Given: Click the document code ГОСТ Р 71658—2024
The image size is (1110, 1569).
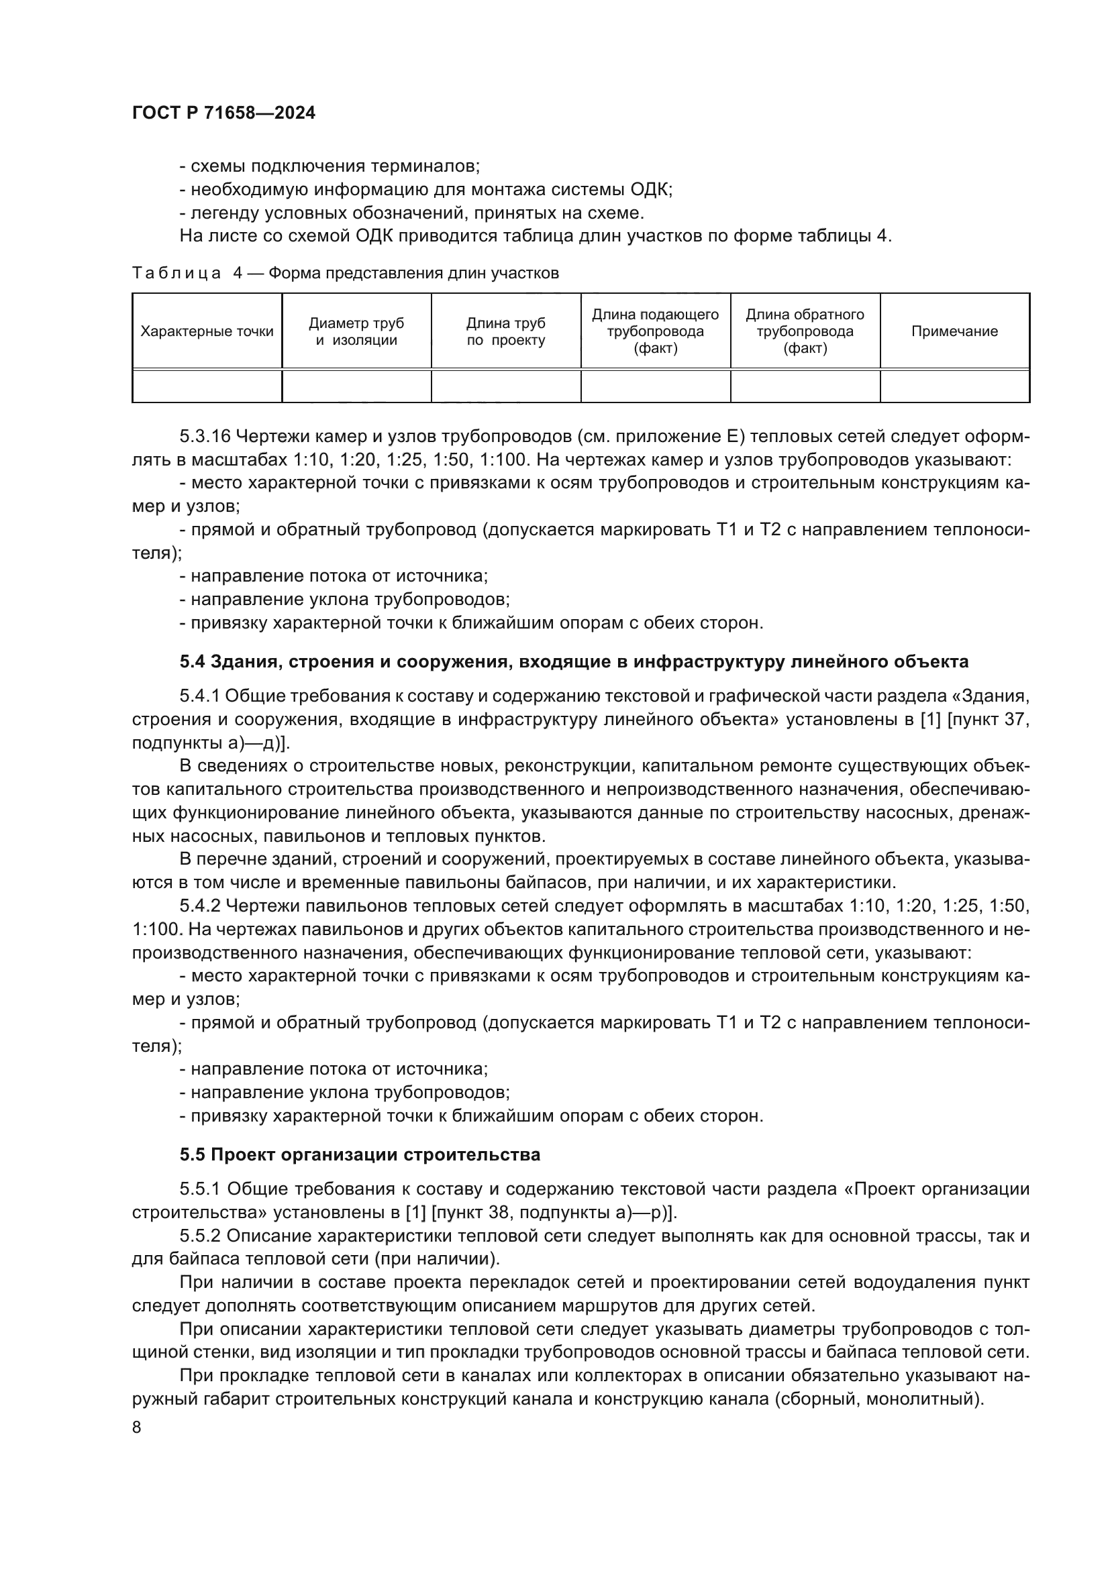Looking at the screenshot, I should pos(223,113).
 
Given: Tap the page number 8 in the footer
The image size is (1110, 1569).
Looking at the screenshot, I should pos(137,1427).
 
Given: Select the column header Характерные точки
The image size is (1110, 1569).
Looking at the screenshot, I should pos(207,332).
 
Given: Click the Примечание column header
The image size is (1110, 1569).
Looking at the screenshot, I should pos(954,332).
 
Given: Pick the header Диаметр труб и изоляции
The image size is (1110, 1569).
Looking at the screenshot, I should pos(356,332).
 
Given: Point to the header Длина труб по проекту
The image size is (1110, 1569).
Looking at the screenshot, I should pos(506,332).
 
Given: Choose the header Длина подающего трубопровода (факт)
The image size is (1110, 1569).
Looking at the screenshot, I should pos(656,332).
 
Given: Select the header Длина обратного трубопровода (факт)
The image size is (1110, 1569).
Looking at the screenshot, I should pos(805,332).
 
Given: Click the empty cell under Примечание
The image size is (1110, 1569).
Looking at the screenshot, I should pos(954,387).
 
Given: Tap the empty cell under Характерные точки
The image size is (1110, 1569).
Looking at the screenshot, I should pos(207,387).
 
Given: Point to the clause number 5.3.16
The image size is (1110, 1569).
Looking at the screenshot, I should pos(205,437).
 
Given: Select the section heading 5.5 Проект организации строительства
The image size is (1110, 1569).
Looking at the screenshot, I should pos(360,1155).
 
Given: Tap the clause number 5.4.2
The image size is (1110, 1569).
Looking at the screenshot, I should pos(199,906).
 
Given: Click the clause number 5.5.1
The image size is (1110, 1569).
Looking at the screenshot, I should pos(199,1190).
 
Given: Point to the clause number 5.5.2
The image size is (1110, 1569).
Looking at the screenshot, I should pos(199,1236).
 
